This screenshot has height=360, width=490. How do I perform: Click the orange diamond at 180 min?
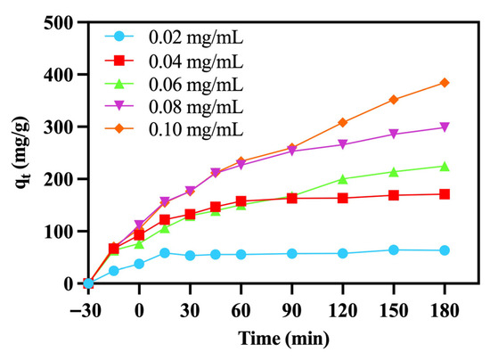[x=445, y=83]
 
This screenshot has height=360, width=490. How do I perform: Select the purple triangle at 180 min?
[x=445, y=127]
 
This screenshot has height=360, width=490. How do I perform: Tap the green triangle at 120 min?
[x=343, y=179]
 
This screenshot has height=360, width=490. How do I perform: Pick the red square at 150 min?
[x=394, y=196]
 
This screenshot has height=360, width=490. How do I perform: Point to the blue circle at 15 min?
[x=165, y=253]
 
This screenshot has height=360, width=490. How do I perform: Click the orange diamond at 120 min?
[x=343, y=122]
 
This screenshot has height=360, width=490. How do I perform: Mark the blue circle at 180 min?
[x=445, y=250]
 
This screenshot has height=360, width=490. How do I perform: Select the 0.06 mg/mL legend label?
[x=196, y=84]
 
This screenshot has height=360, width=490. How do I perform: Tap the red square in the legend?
[x=119, y=61]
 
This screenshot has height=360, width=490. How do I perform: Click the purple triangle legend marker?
[x=119, y=106]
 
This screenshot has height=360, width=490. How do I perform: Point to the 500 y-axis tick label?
[x=58, y=23]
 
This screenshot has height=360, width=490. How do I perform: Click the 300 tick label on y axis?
[x=58, y=127]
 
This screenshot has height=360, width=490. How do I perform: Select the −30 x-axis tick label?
[x=86, y=311]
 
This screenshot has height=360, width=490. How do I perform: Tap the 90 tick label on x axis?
[x=292, y=311]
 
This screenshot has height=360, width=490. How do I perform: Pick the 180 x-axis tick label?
[x=445, y=311]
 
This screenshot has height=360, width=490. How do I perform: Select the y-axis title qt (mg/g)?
[x=22, y=152]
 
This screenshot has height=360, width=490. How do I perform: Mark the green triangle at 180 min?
[x=445, y=167]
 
